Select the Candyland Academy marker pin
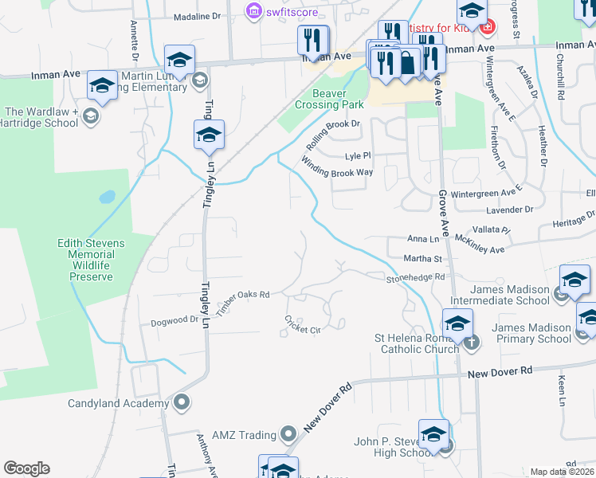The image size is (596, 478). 182,402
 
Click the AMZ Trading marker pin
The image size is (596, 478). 288,435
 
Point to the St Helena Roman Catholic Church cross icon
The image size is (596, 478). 471,343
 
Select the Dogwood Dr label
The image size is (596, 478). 174,321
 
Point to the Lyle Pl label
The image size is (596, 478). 358,156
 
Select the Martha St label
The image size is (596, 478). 423,259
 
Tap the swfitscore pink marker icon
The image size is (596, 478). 253,11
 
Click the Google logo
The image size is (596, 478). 26,468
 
